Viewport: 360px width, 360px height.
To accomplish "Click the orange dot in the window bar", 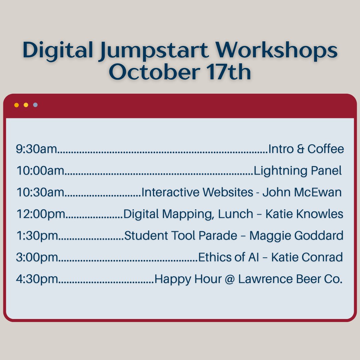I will pyautogui.click(x=16, y=105).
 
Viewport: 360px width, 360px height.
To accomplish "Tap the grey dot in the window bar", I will pyautogui.click(x=35, y=105).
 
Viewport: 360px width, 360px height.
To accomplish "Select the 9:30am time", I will pyautogui.click(x=37, y=149).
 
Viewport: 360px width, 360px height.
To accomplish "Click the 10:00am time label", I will pyautogui.click(x=40, y=171).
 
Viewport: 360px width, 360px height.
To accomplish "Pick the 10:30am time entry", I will pyautogui.click(x=40, y=192).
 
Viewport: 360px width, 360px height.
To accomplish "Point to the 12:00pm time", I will pyautogui.click(x=41, y=214).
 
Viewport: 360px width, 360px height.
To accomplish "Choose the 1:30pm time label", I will pyautogui.click(x=37, y=236).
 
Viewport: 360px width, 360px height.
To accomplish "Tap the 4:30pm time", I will pyautogui.click(x=37, y=279).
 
